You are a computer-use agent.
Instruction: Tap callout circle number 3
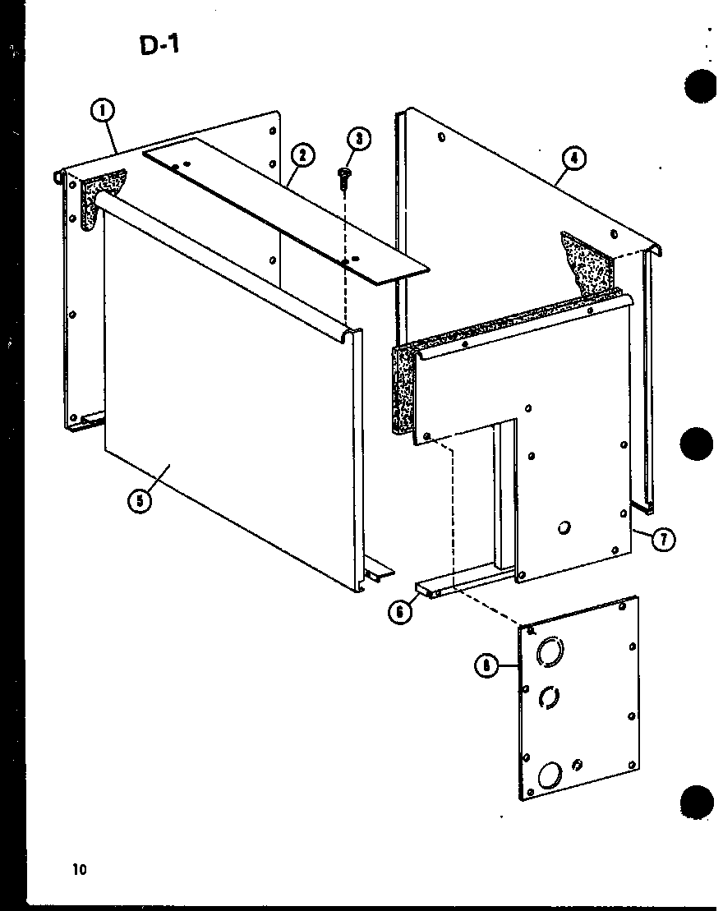click(357, 140)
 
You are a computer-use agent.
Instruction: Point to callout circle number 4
click(574, 159)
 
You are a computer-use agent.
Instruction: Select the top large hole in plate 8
click(549, 653)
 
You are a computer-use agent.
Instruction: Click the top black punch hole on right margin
click(700, 87)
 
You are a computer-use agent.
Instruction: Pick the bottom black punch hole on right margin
click(699, 802)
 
